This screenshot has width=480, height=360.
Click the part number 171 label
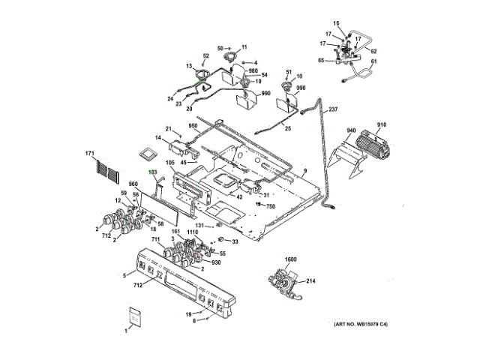(90, 155)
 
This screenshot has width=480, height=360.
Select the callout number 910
(381, 125)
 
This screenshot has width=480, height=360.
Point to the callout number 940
(350, 130)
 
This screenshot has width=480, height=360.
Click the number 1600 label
(291, 259)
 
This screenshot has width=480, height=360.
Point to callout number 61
(375, 61)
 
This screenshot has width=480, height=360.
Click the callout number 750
(271, 205)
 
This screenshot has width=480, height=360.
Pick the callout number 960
(134, 184)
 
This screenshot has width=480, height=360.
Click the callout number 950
(193, 125)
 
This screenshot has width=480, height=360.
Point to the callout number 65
(322, 60)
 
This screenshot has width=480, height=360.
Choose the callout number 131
(200, 225)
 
